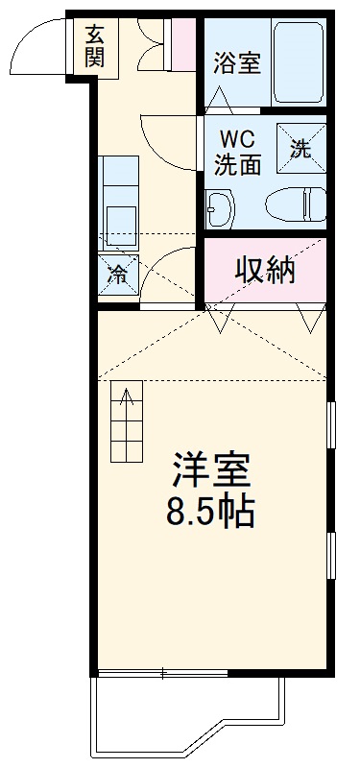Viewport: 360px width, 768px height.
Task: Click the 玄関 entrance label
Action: (94, 45)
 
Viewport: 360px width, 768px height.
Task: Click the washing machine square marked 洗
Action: (300, 148)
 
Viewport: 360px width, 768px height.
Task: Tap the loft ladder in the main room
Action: (126, 422)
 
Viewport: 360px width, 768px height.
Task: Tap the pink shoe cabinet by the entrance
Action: (180, 42)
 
